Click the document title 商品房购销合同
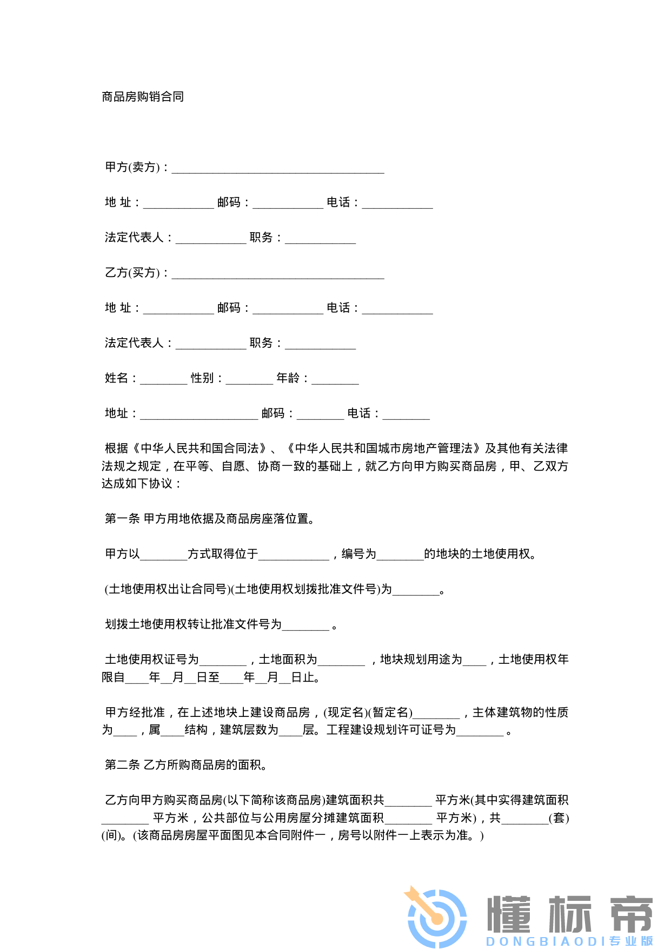[143, 97]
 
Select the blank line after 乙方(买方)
[278, 274]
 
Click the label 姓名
[117, 378]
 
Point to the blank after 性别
[249, 379]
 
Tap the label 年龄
[288, 378]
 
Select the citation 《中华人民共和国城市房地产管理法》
[384, 449]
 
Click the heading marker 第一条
[122, 519]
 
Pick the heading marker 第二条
[122, 765]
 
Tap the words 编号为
[358, 554]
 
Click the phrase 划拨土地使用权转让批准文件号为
[194, 624]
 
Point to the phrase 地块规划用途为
[421, 660]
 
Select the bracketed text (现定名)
[346, 713]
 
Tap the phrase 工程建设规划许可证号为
[391, 730]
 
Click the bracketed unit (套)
[559, 818]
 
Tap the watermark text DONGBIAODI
[546, 942]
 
